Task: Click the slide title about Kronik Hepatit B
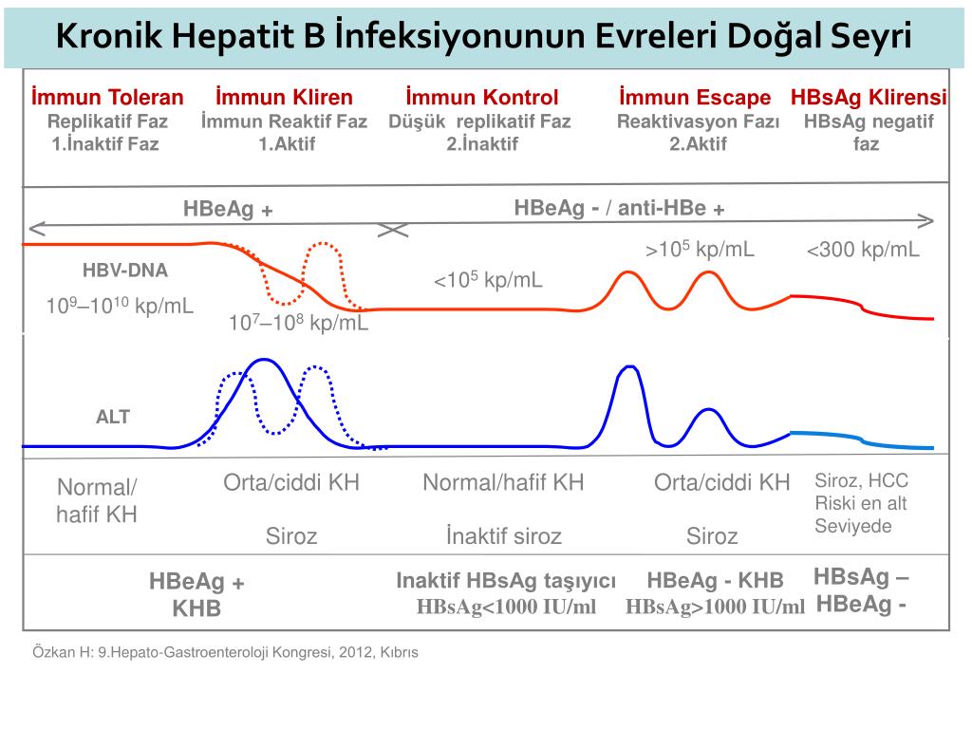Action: tap(484, 37)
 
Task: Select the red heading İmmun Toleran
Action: tap(107, 97)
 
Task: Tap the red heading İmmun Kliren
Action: tap(284, 97)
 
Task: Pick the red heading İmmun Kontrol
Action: tap(481, 97)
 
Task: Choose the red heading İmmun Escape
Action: tap(695, 97)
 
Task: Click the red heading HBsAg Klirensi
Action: tap(869, 97)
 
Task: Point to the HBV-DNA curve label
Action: tap(125, 271)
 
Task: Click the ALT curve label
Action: tap(113, 417)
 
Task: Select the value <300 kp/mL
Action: tap(863, 250)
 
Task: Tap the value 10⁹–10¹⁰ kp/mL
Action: tap(121, 306)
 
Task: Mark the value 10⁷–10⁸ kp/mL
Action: tap(298, 323)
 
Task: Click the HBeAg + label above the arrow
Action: tap(228, 210)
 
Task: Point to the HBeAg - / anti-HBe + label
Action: tap(620, 208)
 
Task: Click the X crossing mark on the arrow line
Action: tap(393, 230)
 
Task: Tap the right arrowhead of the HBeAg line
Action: tap(925, 222)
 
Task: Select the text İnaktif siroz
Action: tap(503, 536)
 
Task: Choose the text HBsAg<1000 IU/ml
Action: tap(506, 607)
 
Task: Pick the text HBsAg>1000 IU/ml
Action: tap(715, 607)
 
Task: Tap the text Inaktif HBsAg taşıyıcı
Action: tap(506, 581)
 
